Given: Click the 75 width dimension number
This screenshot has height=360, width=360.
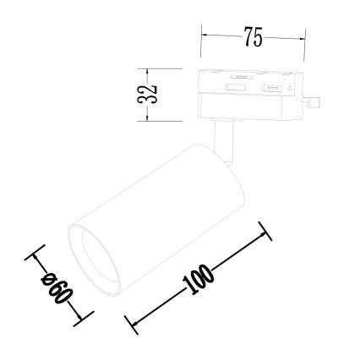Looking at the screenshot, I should coord(252,38).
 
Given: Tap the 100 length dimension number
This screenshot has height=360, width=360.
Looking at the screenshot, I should coord(198,279).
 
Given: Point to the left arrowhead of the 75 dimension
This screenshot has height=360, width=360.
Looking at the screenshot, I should coord(204,38).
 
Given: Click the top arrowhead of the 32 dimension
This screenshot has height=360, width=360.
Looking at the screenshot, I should coord(148,69).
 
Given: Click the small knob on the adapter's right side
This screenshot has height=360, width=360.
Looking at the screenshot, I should coord(314,103).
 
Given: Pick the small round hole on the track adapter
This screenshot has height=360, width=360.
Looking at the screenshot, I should coord(288,86).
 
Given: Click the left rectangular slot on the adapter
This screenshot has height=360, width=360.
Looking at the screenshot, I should coord(236,86).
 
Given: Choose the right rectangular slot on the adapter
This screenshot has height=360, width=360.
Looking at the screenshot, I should coord(271,88).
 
